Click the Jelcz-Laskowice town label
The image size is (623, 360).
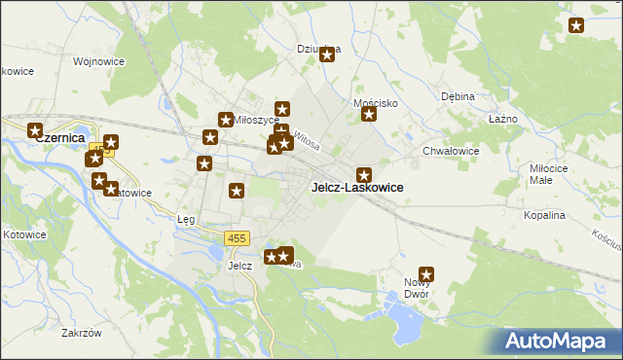click(x=356, y=187)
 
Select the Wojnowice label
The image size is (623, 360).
click(x=95, y=61)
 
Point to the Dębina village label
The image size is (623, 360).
click(x=457, y=97)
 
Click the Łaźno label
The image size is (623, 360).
click(x=501, y=119)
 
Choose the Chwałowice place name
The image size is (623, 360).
click(x=451, y=151)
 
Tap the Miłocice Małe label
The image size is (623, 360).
click(x=554, y=173)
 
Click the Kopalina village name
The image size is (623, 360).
click(x=544, y=215)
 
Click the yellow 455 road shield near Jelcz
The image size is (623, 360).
click(x=237, y=238)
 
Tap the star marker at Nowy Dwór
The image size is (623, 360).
click(x=425, y=274)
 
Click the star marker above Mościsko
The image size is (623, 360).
click(x=369, y=115)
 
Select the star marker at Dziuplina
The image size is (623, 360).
click(x=327, y=54)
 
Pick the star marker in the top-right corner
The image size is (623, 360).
click(x=576, y=26)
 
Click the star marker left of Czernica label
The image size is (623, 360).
click(x=36, y=130)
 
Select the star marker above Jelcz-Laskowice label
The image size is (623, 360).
click(x=364, y=174)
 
